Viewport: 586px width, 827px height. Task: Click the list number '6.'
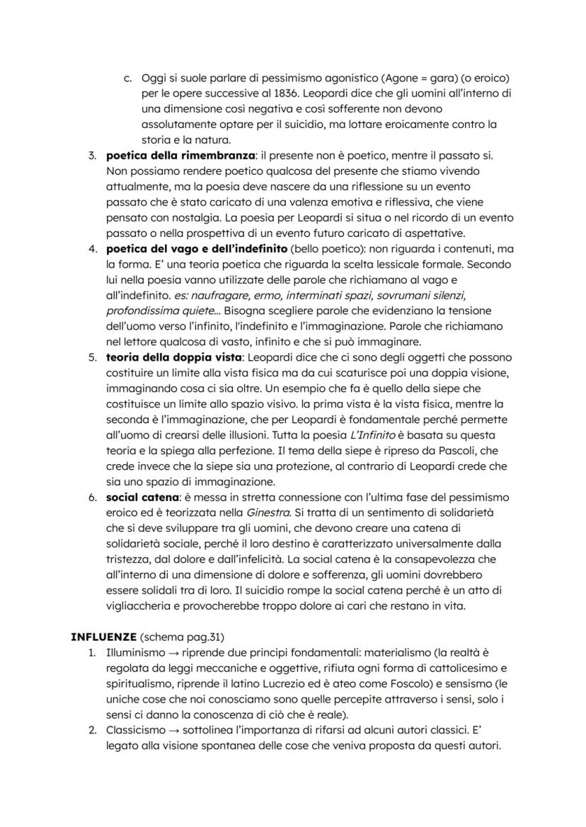[93, 497]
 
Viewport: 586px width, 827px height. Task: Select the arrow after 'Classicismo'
[171, 730]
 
